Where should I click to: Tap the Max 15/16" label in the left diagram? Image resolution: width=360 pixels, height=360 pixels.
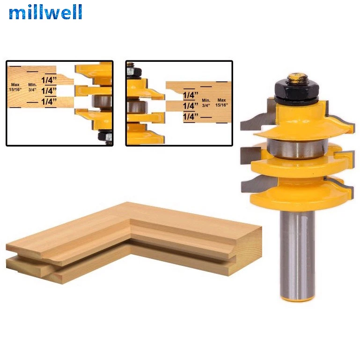pos(15,87)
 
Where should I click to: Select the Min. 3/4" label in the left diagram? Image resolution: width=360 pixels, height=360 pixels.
pos(32,87)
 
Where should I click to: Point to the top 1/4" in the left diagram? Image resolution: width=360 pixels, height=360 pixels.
pos(49,80)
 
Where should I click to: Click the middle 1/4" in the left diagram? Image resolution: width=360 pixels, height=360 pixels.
pos(49,91)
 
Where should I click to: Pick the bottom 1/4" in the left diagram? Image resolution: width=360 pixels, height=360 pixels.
pos(49,102)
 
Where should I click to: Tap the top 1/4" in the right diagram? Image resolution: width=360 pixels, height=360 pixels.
pos(190,95)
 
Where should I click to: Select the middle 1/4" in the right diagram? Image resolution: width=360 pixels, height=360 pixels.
pos(190,106)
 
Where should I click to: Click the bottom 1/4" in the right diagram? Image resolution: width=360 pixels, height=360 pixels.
pos(190,117)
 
